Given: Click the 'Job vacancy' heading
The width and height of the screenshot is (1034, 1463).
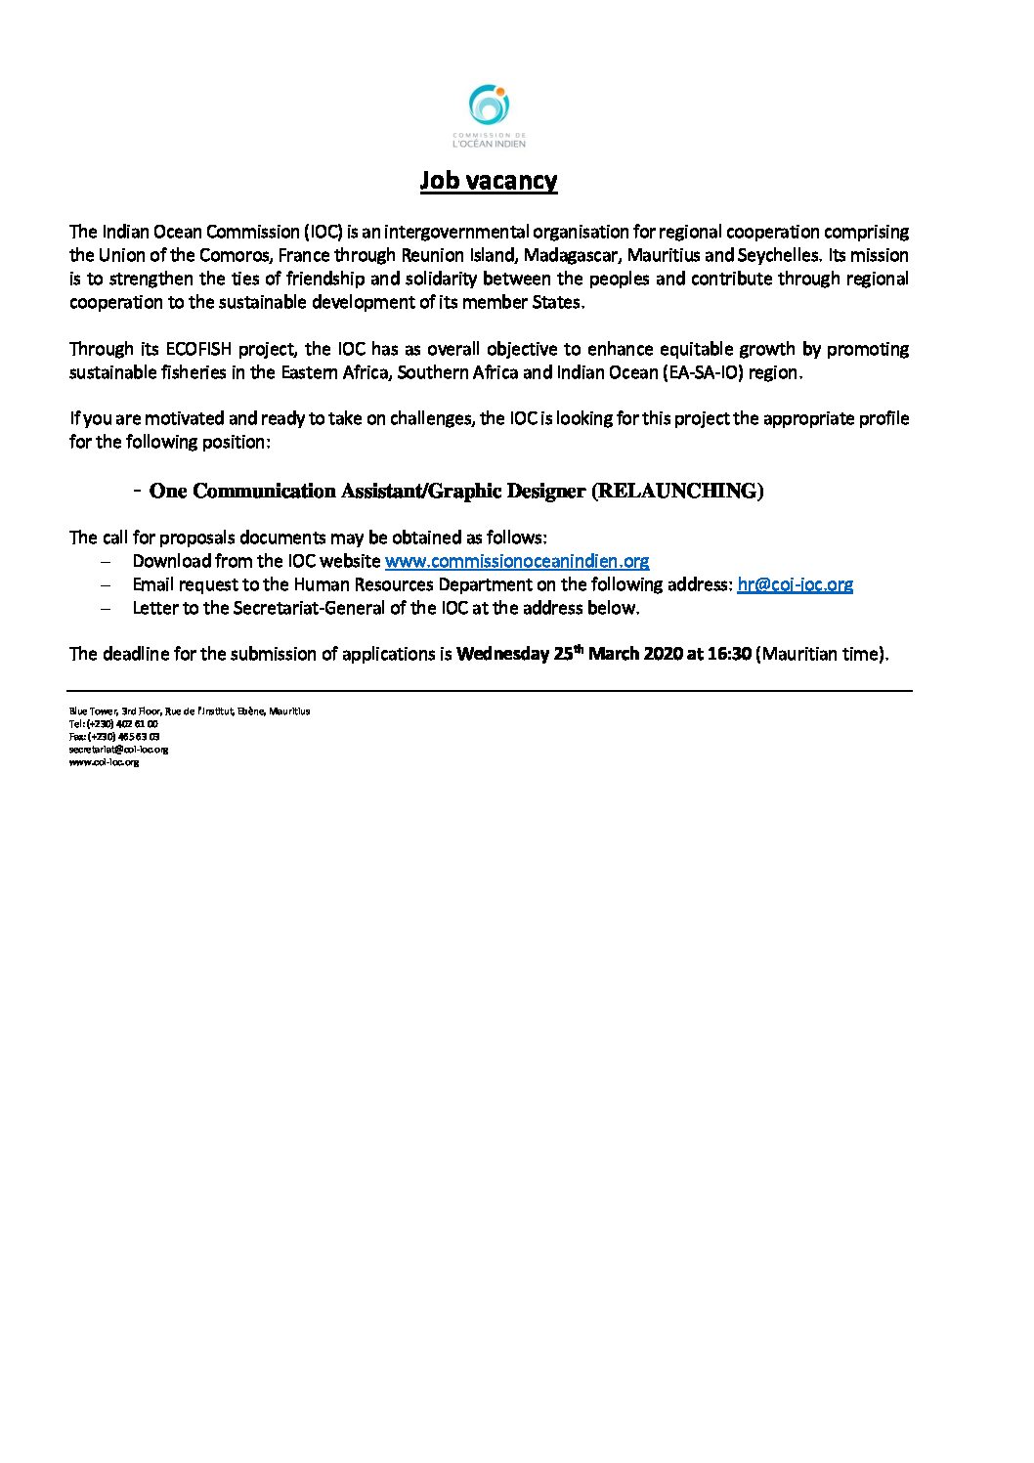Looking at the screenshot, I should [489, 181].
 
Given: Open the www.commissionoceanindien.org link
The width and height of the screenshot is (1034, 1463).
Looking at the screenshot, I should [517, 561].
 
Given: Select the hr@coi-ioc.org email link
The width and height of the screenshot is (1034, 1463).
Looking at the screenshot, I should [795, 584].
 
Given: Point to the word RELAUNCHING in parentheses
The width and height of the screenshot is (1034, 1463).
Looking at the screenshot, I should [677, 492].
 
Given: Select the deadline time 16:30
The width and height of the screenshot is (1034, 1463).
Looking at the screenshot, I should [729, 654].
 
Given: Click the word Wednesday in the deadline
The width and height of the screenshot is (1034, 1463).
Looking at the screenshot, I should [502, 654].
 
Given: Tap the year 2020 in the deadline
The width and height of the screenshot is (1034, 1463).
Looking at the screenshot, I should [663, 654].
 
